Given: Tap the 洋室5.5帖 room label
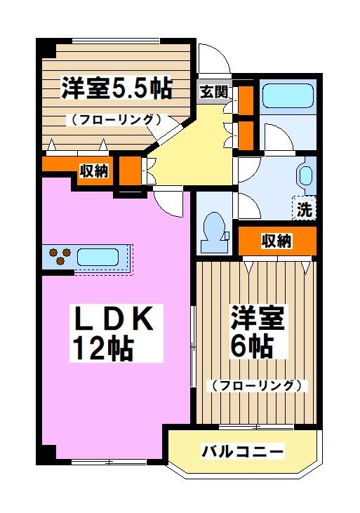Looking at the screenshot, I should (x=116, y=88).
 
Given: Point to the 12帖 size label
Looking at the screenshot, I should (x=102, y=347).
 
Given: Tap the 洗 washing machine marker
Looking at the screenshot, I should (x=304, y=208).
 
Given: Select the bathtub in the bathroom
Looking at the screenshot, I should (x=287, y=95).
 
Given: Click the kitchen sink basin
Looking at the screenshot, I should (x=100, y=256).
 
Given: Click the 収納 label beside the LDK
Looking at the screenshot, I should (x=93, y=170).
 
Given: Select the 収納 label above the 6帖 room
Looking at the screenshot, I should (x=276, y=241).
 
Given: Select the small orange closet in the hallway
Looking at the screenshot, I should (x=128, y=171).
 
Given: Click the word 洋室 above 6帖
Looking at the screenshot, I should (x=258, y=319).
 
